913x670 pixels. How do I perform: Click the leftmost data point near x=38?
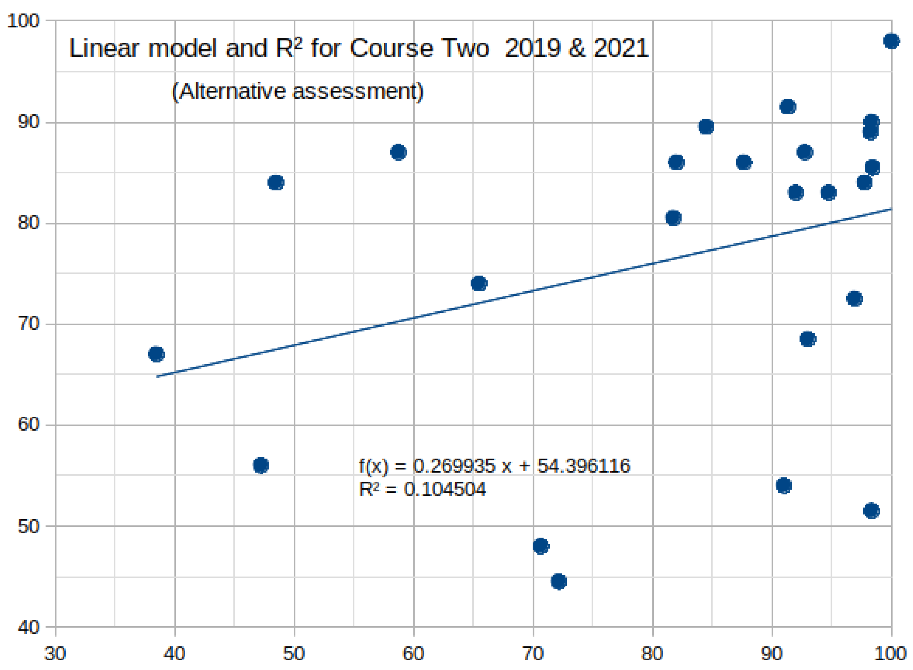click(156, 354)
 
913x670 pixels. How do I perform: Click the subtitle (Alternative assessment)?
click(297, 91)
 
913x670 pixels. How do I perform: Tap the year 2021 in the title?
click(621, 49)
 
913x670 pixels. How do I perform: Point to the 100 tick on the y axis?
click(23, 21)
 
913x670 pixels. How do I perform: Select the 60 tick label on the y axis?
click(28, 425)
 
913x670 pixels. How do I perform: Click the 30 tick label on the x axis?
click(55, 654)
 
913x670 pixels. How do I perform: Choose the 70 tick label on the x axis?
click(532, 654)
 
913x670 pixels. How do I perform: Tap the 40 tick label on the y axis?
click(28, 627)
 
